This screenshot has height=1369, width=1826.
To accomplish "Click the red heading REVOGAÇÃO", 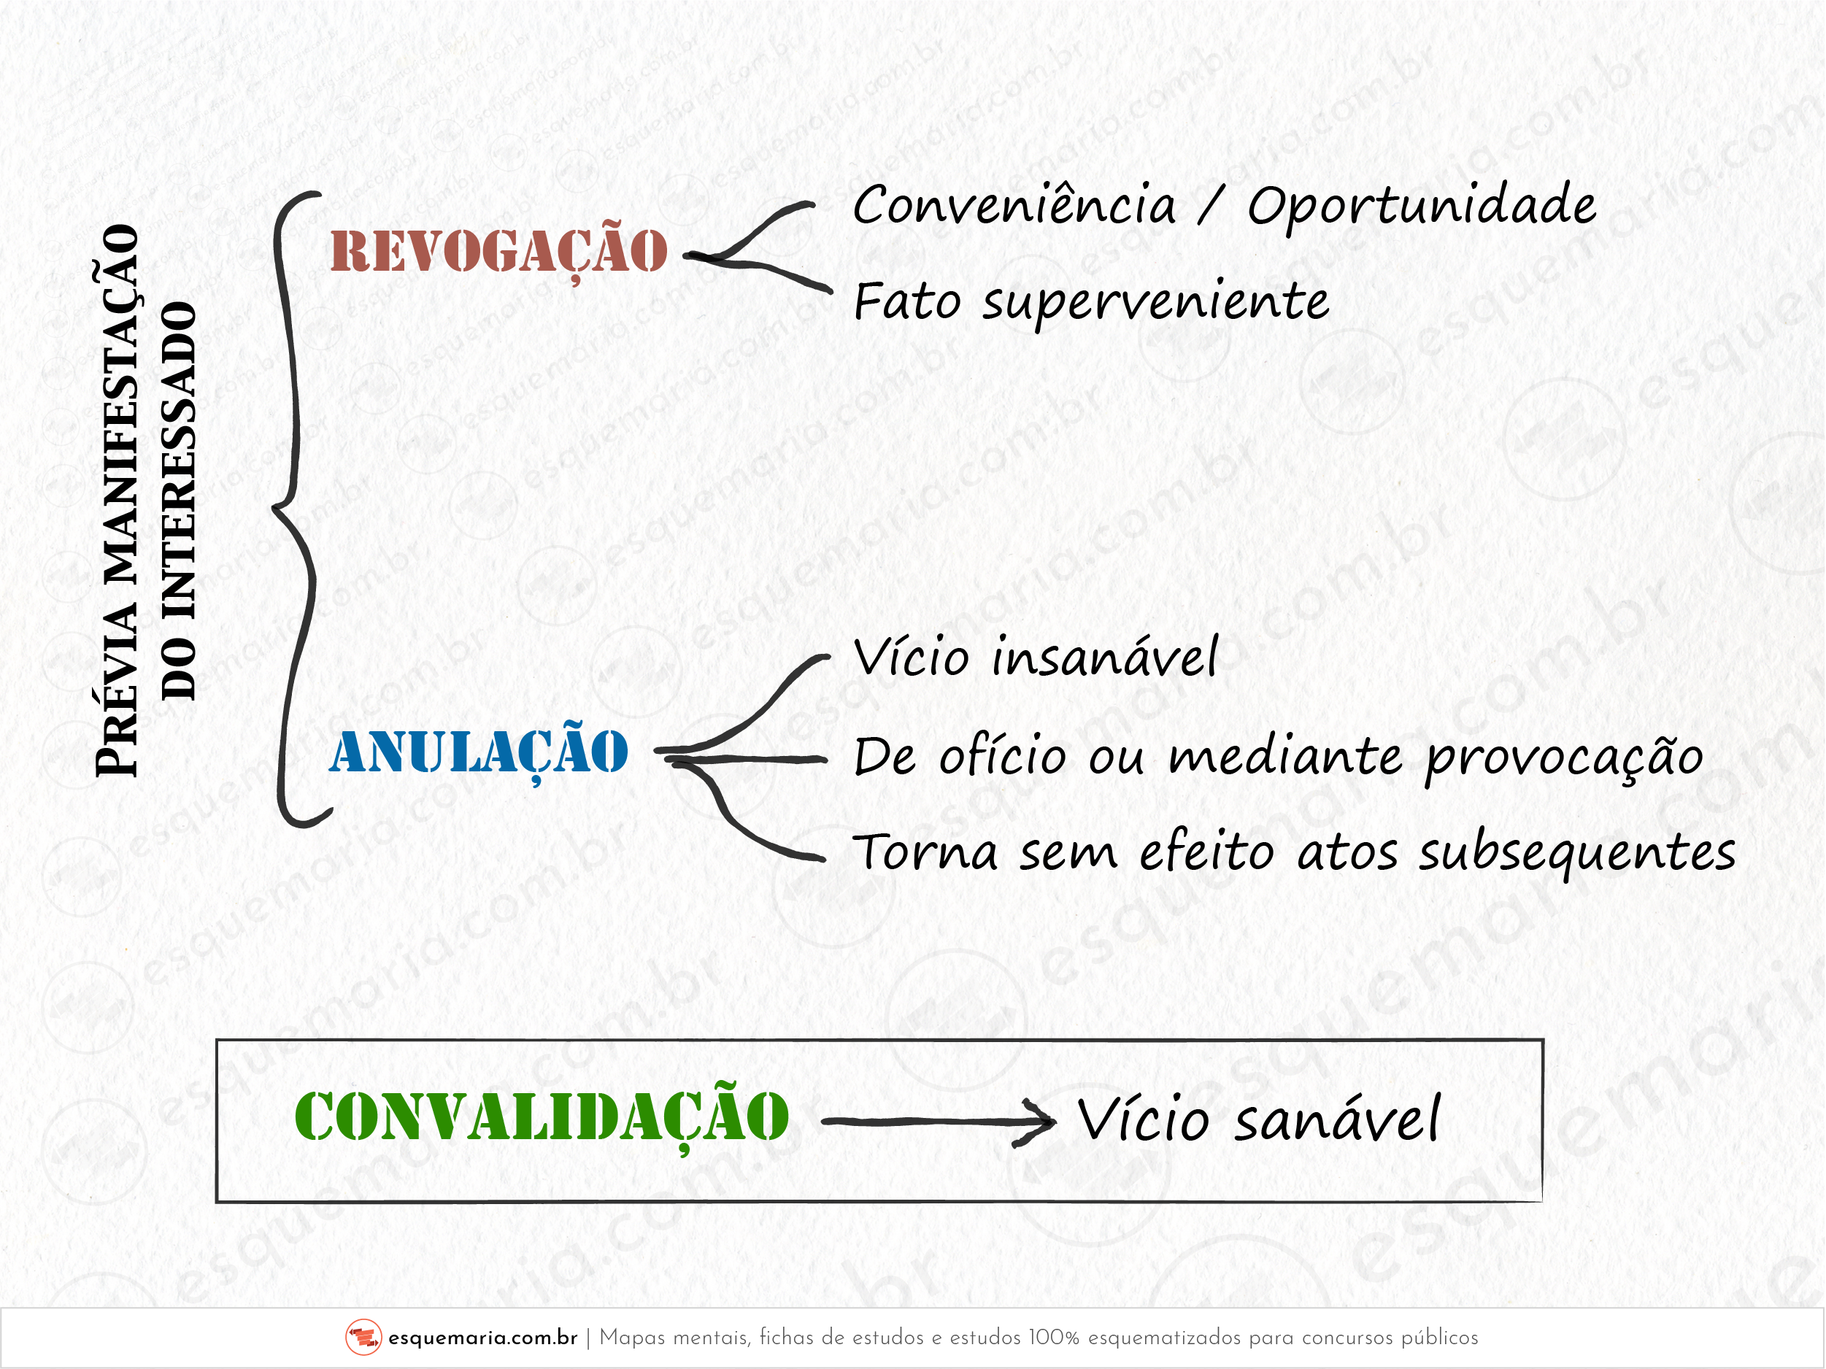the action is (x=498, y=250).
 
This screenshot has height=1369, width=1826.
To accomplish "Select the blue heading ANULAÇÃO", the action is (x=479, y=752).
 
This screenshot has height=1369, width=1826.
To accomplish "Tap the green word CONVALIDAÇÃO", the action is (x=542, y=1118).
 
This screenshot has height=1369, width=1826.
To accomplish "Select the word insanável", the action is (x=1104, y=657).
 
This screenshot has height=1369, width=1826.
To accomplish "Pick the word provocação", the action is (x=1564, y=757).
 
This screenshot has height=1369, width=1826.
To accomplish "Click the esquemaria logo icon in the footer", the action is (x=363, y=1338).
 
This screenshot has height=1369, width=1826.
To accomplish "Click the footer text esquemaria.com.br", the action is (x=483, y=1338).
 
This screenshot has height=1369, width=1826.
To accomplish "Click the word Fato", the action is (x=908, y=301).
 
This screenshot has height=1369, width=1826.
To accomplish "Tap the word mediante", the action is (x=1285, y=756).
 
